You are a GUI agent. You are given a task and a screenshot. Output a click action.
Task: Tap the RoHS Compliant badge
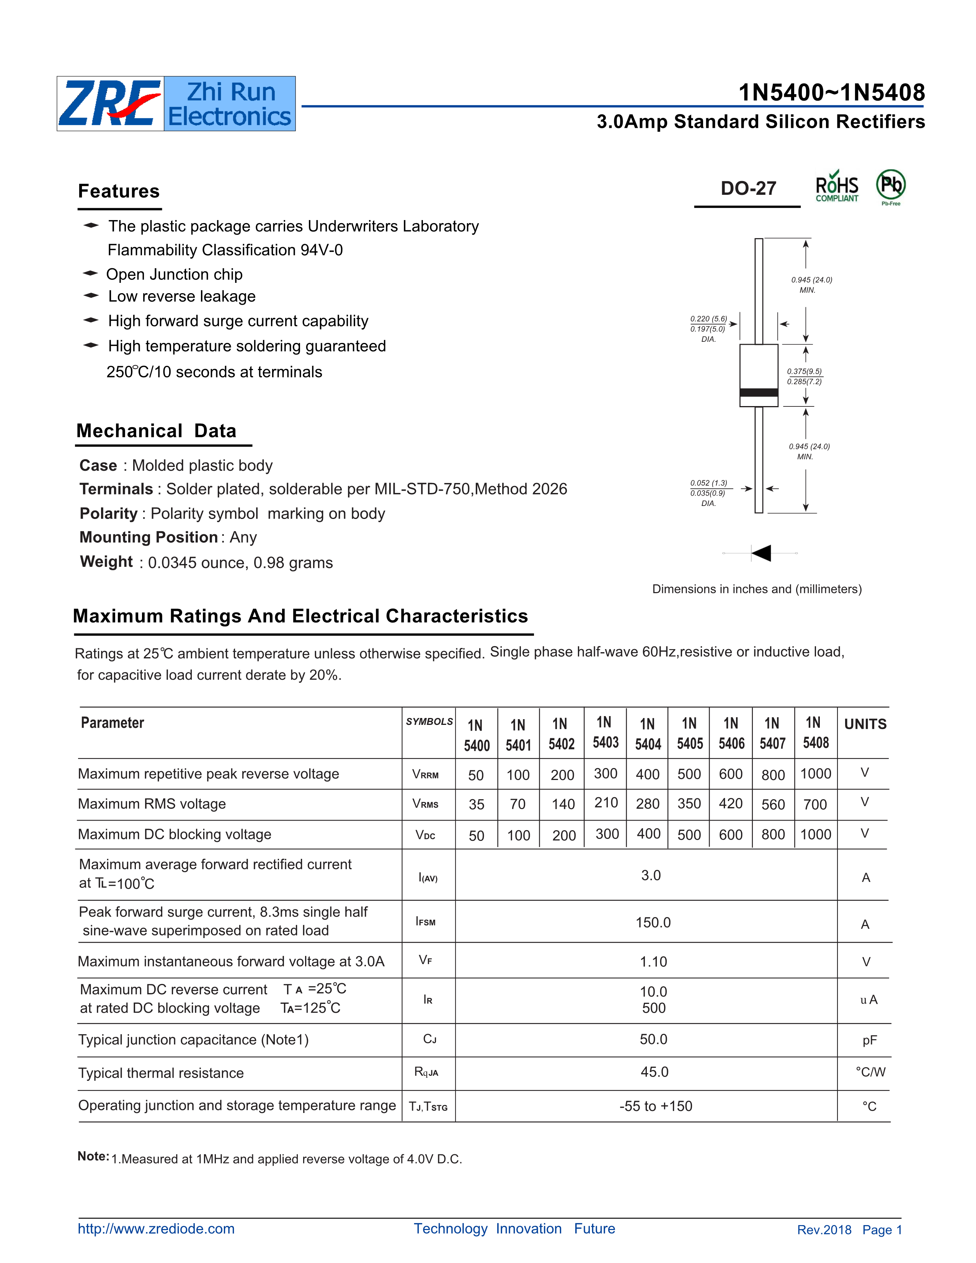[x=837, y=187]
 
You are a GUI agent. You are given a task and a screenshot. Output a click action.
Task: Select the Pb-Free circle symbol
[x=890, y=185]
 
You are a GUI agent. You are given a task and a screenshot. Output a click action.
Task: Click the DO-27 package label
[x=748, y=189]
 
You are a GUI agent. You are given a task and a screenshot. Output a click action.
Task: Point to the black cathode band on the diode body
[x=759, y=393]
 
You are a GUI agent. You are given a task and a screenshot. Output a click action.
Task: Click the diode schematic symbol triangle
[x=762, y=553]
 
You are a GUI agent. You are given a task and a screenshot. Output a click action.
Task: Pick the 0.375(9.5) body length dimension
[x=804, y=371]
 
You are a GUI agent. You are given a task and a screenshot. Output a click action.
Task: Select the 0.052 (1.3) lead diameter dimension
[x=708, y=483]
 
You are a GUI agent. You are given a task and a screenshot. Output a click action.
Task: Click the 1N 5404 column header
[x=648, y=734]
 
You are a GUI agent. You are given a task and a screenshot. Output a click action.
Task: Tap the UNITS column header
[x=865, y=724]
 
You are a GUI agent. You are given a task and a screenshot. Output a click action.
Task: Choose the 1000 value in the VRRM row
[x=815, y=774]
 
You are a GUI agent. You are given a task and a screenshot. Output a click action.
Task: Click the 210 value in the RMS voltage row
[x=606, y=803]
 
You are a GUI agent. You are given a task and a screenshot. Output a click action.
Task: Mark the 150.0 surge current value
[x=653, y=922]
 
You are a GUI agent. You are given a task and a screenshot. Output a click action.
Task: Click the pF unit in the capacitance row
[x=869, y=1040]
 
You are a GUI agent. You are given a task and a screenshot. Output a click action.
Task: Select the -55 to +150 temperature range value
[x=656, y=1106]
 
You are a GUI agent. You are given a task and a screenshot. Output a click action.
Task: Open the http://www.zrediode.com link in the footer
[x=156, y=1229]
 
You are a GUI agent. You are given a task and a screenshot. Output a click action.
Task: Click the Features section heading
[x=119, y=191]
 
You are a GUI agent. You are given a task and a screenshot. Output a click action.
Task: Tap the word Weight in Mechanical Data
[x=106, y=561]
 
